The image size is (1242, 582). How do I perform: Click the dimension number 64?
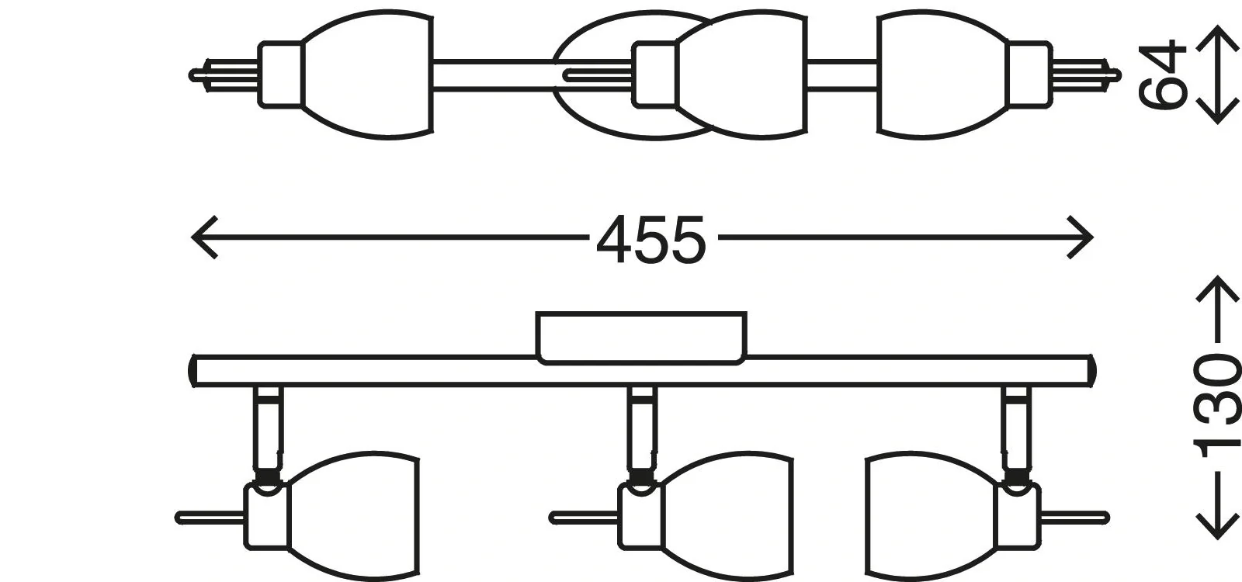tap(1162, 75)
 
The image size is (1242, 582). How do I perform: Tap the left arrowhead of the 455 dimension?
tap(203, 237)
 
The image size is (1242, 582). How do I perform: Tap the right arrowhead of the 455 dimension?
tap(1081, 237)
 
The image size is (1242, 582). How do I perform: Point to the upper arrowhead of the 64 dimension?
tap(1216, 37)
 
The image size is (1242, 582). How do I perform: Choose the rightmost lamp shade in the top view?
tap(943, 75)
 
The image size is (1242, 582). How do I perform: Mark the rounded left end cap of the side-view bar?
tap(194, 371)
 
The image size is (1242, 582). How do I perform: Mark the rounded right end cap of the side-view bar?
tap(1091, 371)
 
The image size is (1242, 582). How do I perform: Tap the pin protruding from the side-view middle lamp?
tap(582, 517)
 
